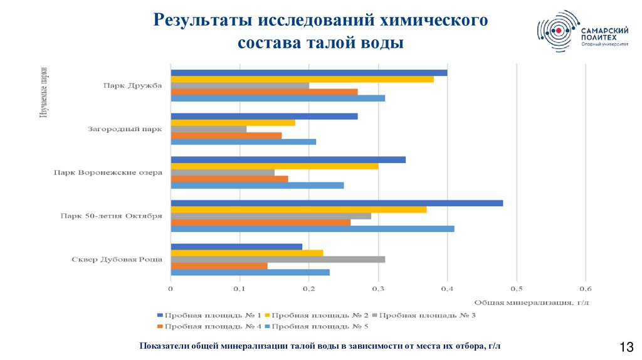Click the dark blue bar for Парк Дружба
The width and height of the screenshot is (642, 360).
click(x=308, y=72)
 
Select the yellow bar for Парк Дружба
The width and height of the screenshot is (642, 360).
click(x=302, y=79)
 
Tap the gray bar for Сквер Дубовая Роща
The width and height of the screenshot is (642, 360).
click(x=277, y=259)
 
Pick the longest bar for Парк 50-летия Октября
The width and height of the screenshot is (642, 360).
click(x=337, y=203)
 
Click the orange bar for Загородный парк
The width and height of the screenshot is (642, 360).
click(x=226, y=135)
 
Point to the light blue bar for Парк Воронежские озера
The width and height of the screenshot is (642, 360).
click(x=257, y=185)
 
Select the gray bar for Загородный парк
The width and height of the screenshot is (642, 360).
click(x=208, y=129)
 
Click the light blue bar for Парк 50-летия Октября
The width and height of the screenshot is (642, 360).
click(x=312, y=228)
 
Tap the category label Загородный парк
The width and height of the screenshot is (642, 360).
click(x=125, y=130)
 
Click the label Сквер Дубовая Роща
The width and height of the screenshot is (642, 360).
click(x=117, y=259)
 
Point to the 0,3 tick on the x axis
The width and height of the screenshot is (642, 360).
click(x=377, y=289)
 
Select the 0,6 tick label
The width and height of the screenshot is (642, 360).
click(x=585, y=289)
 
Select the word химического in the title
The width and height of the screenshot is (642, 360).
click(x=433, y=20)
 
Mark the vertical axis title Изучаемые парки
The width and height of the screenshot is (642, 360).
click(x=44, y=90)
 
